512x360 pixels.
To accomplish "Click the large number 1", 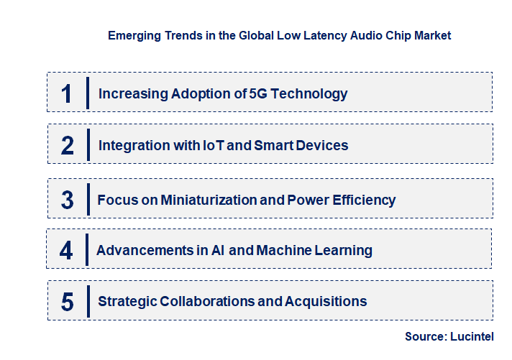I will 67,93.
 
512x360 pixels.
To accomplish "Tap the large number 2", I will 67,146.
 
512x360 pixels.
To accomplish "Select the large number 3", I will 67,200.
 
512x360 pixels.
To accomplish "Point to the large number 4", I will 66,251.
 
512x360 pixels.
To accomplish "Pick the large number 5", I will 67,302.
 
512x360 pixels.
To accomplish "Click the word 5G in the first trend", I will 257,93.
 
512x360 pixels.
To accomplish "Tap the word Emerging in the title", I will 134,34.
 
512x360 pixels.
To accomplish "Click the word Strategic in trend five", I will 127,302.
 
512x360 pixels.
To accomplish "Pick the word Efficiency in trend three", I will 362,200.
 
